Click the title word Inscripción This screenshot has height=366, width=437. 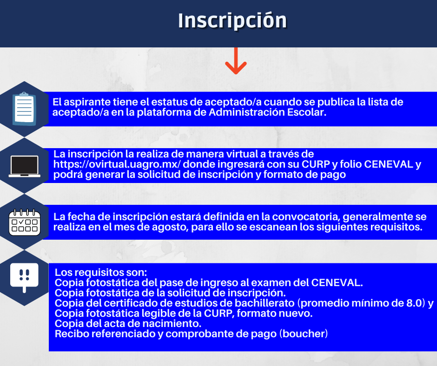(232, 20)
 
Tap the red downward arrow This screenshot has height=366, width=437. (236, 61)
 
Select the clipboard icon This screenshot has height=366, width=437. (24, 109)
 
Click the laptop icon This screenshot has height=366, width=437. (25, 166)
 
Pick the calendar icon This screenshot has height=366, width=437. (25, 222)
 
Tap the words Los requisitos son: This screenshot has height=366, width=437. (100, 273)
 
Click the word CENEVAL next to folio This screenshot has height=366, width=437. (389, 164)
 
